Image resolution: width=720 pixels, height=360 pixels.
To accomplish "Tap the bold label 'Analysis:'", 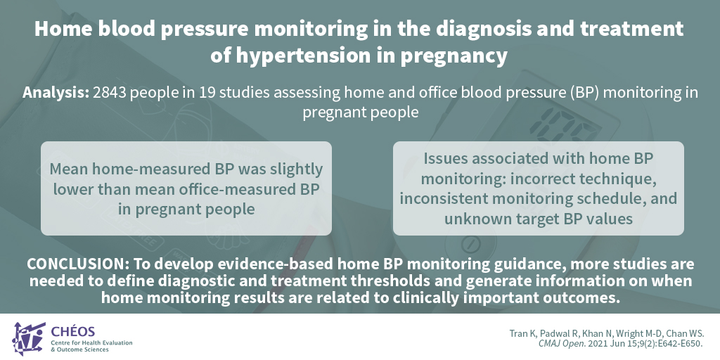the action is tap(56, 93).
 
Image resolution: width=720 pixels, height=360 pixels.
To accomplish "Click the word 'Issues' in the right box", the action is tap(445, 158).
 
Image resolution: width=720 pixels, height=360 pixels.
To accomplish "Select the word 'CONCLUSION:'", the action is tap(78, 264).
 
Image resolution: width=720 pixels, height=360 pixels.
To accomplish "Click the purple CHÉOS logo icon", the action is tap(28, 338).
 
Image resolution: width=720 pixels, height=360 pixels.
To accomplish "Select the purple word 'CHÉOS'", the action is tap(73, 332).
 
